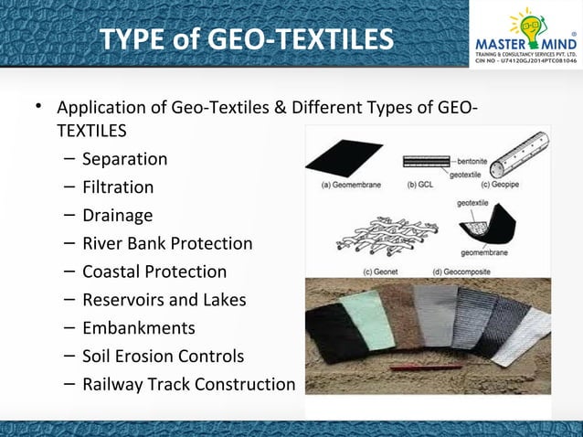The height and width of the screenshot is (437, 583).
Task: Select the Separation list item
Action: (124, 159)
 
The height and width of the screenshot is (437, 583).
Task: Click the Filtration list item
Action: (118, 187)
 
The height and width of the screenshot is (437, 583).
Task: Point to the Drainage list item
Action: (117, 216)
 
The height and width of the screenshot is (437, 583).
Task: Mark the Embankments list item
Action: (139, 328)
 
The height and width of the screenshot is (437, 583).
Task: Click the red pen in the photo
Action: (426, 368)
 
